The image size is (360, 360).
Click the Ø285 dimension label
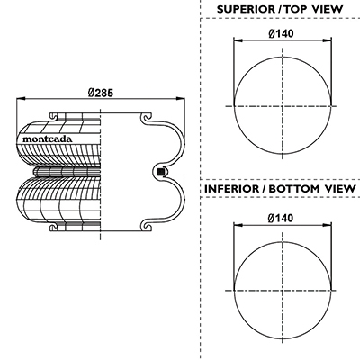point(101,93)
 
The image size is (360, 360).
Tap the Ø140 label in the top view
point(281,33)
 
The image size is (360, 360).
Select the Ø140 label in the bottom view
point(281,218)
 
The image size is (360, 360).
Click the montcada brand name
point(48,139)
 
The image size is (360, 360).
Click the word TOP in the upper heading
point(296,9)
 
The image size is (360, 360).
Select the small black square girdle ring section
point(161,172)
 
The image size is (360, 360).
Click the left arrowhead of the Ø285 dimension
point(21,98)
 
